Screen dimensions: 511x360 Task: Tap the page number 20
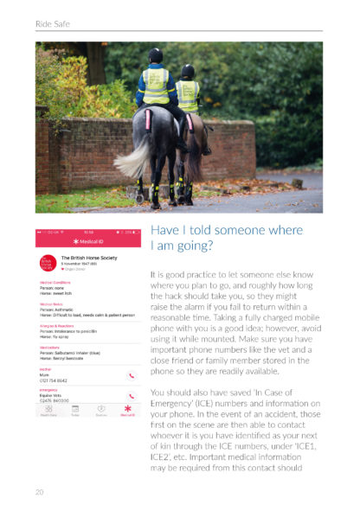40,491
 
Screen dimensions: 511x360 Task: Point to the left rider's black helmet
155,55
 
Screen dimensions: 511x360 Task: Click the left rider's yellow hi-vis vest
156,84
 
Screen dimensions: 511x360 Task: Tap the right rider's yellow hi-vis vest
188,93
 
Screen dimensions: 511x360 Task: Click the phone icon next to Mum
131,375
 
